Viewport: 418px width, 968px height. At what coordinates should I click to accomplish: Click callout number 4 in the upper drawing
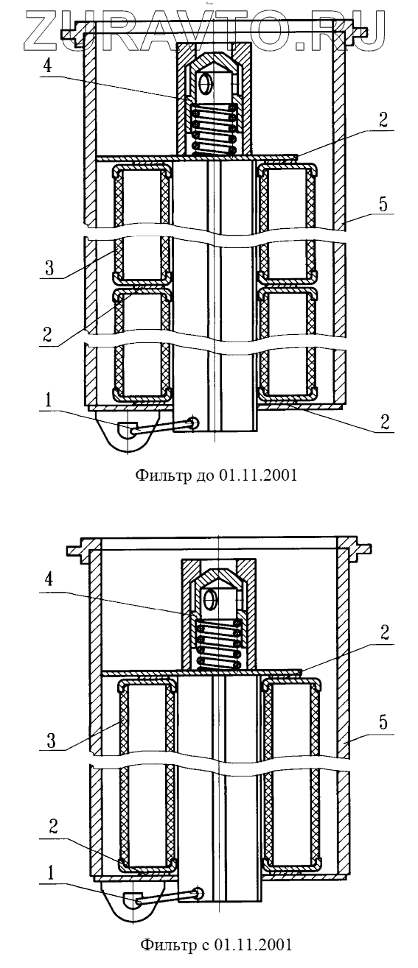[x=48, y=66]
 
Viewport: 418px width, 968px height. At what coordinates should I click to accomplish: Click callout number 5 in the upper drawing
[x=383, y=204]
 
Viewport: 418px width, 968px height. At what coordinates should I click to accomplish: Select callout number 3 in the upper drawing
[x=49, y=268]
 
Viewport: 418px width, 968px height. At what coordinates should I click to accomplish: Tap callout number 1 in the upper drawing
[x=48, y=400]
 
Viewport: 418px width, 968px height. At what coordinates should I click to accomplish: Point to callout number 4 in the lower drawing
[x=49, y=579]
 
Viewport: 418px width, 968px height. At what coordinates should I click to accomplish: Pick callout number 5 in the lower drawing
[x=383, y=723]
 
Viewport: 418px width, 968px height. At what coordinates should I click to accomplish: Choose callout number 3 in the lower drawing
[x=51, y=741]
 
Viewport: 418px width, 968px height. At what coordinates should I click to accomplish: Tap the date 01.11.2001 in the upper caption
[x=258, y=475]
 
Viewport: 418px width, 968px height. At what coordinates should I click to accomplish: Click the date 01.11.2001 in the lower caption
[x=253, y=956]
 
